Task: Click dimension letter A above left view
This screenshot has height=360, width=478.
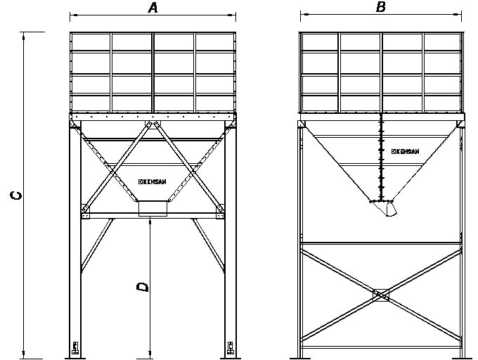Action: tap(153, 8)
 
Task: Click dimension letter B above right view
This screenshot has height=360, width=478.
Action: tap(381, 7)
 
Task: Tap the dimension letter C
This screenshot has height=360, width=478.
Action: tap(16, 195)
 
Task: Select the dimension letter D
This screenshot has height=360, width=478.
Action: tap(143, 287)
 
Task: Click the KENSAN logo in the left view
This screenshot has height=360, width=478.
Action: tap(152, 181)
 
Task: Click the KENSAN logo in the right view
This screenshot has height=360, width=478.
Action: tap(405, 151)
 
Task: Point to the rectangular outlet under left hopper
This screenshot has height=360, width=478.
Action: tap(153, 208)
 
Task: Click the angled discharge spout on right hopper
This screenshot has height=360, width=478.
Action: tap(390, 210)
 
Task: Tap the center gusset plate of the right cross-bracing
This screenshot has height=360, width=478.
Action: tap(381, 295)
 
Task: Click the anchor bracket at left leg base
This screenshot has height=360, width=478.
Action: tap(75, 348)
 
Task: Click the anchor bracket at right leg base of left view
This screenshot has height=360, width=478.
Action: tap(231, 348)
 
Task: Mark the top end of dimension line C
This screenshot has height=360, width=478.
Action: tap(23, 32)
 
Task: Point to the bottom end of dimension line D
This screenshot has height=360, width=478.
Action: tap(150, 359)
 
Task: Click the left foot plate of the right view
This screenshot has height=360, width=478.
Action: tap(300, 359)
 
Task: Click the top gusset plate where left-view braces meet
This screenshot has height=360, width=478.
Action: tap(153, 124)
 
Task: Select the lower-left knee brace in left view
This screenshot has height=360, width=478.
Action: tap(97, 245)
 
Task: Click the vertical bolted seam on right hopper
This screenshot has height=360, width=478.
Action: tap(381, 157)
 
